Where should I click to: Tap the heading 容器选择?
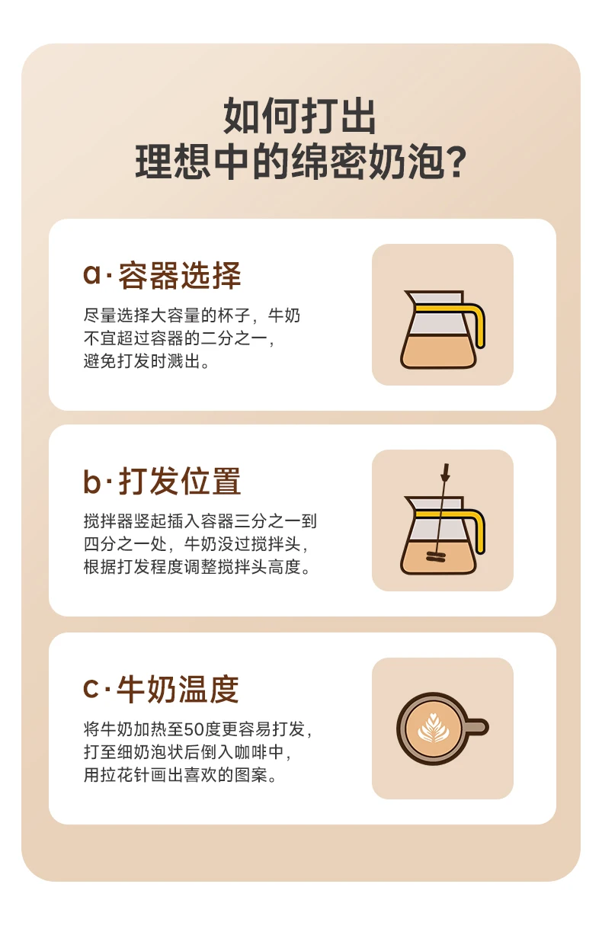tap(179, 276)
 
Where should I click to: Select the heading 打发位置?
tap(179, 481)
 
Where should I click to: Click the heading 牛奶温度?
tap(178, 689)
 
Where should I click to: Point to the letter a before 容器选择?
tap(91, 274)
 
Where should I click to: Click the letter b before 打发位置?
tap(91, 480)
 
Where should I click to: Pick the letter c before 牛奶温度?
tap(91, 689)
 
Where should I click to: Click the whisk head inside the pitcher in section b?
tap(435, 556)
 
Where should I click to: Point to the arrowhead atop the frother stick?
tap(444, 473)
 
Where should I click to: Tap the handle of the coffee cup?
tap(476, 728)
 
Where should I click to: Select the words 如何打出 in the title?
tap(299, 116)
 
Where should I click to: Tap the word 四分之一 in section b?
tap(117, 544)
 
